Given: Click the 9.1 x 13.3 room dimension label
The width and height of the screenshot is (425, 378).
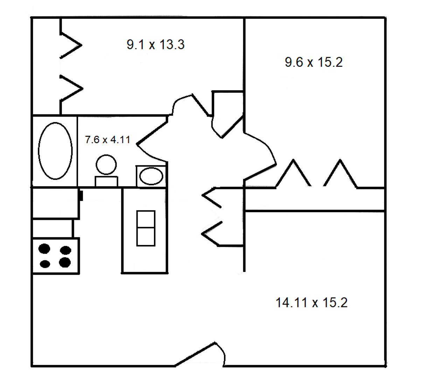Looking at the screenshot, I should click(155, 45).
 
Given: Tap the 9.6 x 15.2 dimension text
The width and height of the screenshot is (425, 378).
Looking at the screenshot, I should click(314, 62).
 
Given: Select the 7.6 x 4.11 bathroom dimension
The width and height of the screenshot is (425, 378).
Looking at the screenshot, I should click(107, 140).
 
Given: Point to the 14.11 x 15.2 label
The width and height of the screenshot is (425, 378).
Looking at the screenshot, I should click(312, 302).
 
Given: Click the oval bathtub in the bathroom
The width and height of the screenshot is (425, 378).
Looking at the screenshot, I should click(55, 151).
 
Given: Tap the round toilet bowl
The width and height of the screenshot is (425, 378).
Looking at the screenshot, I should click(106, 164).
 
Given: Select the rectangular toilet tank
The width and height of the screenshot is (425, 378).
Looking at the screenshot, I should click(106, 181).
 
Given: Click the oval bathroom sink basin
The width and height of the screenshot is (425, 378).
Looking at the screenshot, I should click(151, 176).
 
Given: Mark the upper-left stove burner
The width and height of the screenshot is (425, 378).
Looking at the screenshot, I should click(44, 249).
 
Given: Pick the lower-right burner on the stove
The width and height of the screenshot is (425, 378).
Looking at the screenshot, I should click(65, 262).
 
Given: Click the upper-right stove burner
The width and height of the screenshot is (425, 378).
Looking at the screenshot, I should click(65, 250).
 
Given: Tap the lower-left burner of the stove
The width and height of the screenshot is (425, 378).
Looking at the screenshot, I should click(44, 264).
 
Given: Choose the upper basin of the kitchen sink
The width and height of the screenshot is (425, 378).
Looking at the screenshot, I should click(146, 219).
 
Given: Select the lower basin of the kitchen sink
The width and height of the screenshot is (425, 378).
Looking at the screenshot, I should click(146, 237).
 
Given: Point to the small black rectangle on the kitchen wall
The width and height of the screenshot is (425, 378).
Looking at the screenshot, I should click(81, 195).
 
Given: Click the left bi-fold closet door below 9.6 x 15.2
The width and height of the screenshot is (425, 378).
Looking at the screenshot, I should click(293, 173).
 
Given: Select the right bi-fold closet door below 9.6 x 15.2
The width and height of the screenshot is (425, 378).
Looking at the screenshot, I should click(341, 173).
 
